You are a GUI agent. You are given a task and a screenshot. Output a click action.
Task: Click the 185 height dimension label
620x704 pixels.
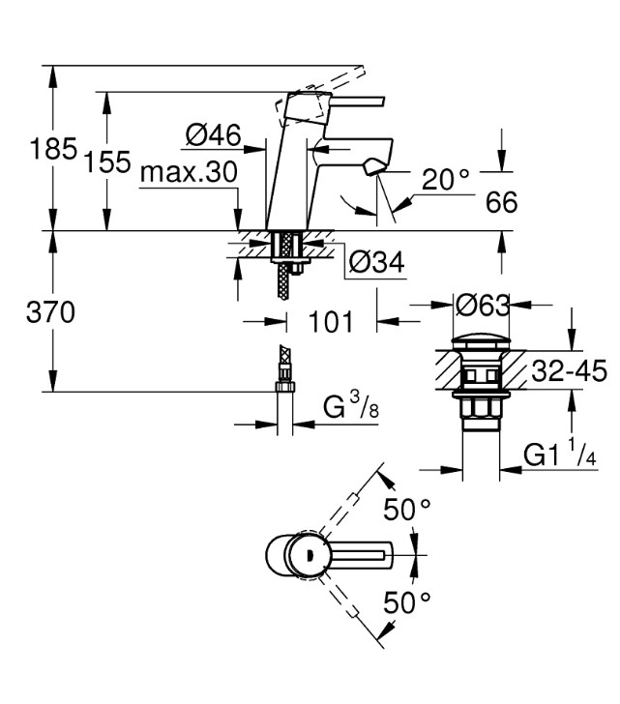pos(52,149)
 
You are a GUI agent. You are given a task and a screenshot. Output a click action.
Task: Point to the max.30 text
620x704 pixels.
pos(189,173)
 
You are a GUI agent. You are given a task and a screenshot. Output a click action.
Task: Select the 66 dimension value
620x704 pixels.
pos(501,203)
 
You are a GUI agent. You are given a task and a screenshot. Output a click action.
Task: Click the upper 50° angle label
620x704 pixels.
pos(407,511)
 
